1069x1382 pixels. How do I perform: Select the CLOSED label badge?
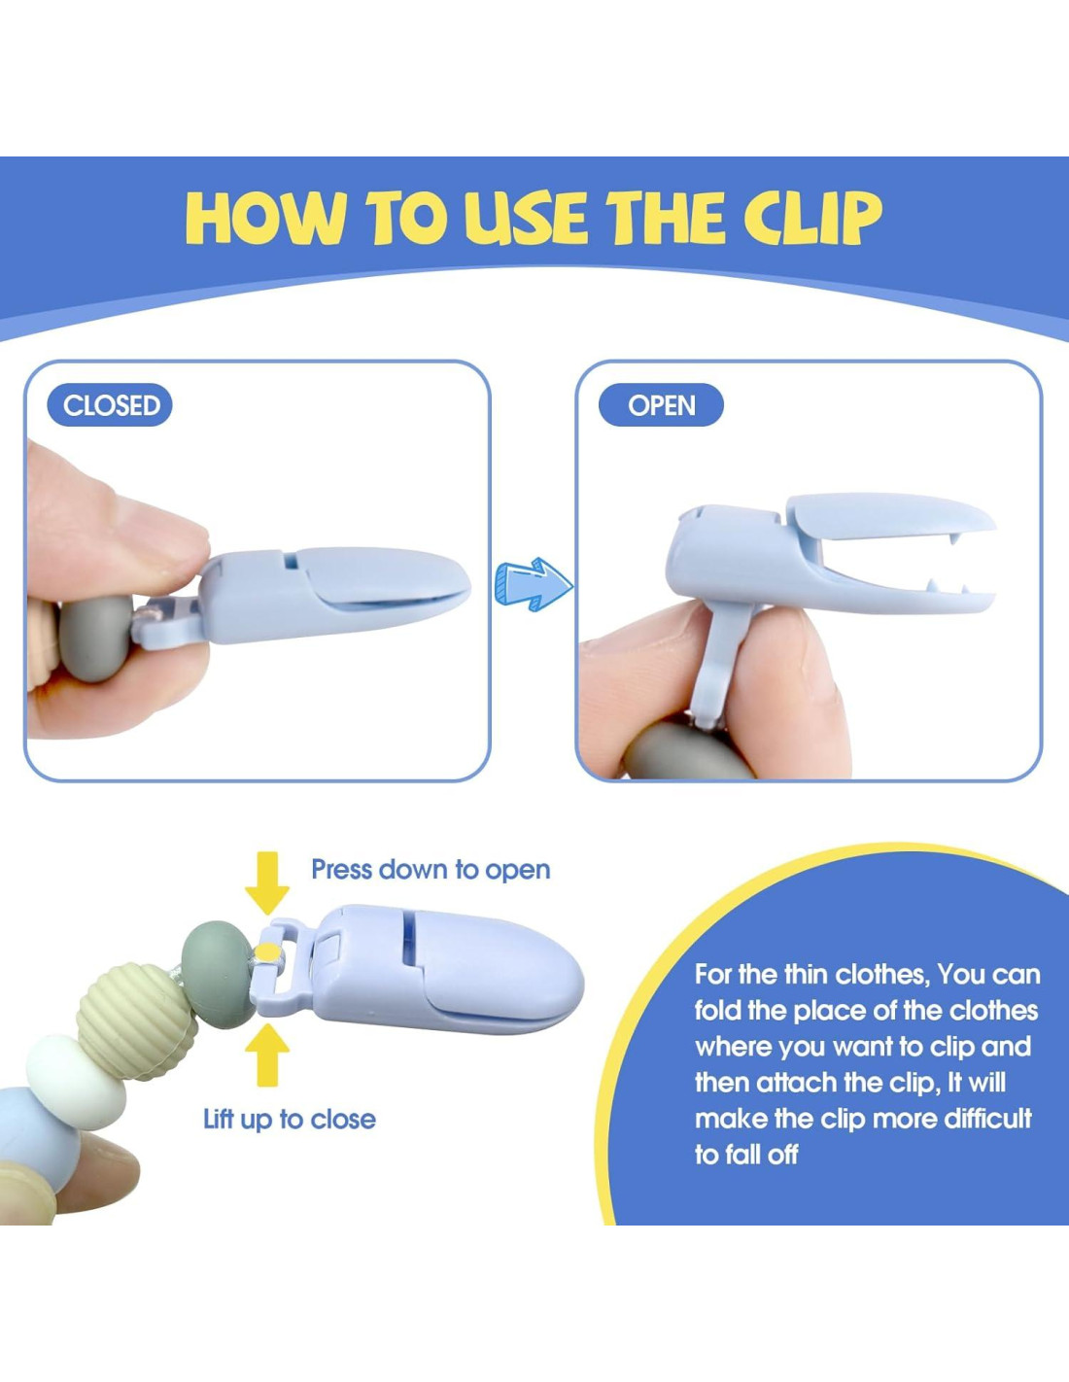point(110,405)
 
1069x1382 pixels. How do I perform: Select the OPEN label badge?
point(662,405)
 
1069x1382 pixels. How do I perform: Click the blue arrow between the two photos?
point(533,583)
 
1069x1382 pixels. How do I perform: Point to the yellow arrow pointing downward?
point(267,882)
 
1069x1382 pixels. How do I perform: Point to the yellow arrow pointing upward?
point(267,1054)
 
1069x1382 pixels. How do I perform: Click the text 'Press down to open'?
point(431,870)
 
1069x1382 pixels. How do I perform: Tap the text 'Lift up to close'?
point(290,1120)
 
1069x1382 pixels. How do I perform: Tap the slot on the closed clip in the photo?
point(291,561)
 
